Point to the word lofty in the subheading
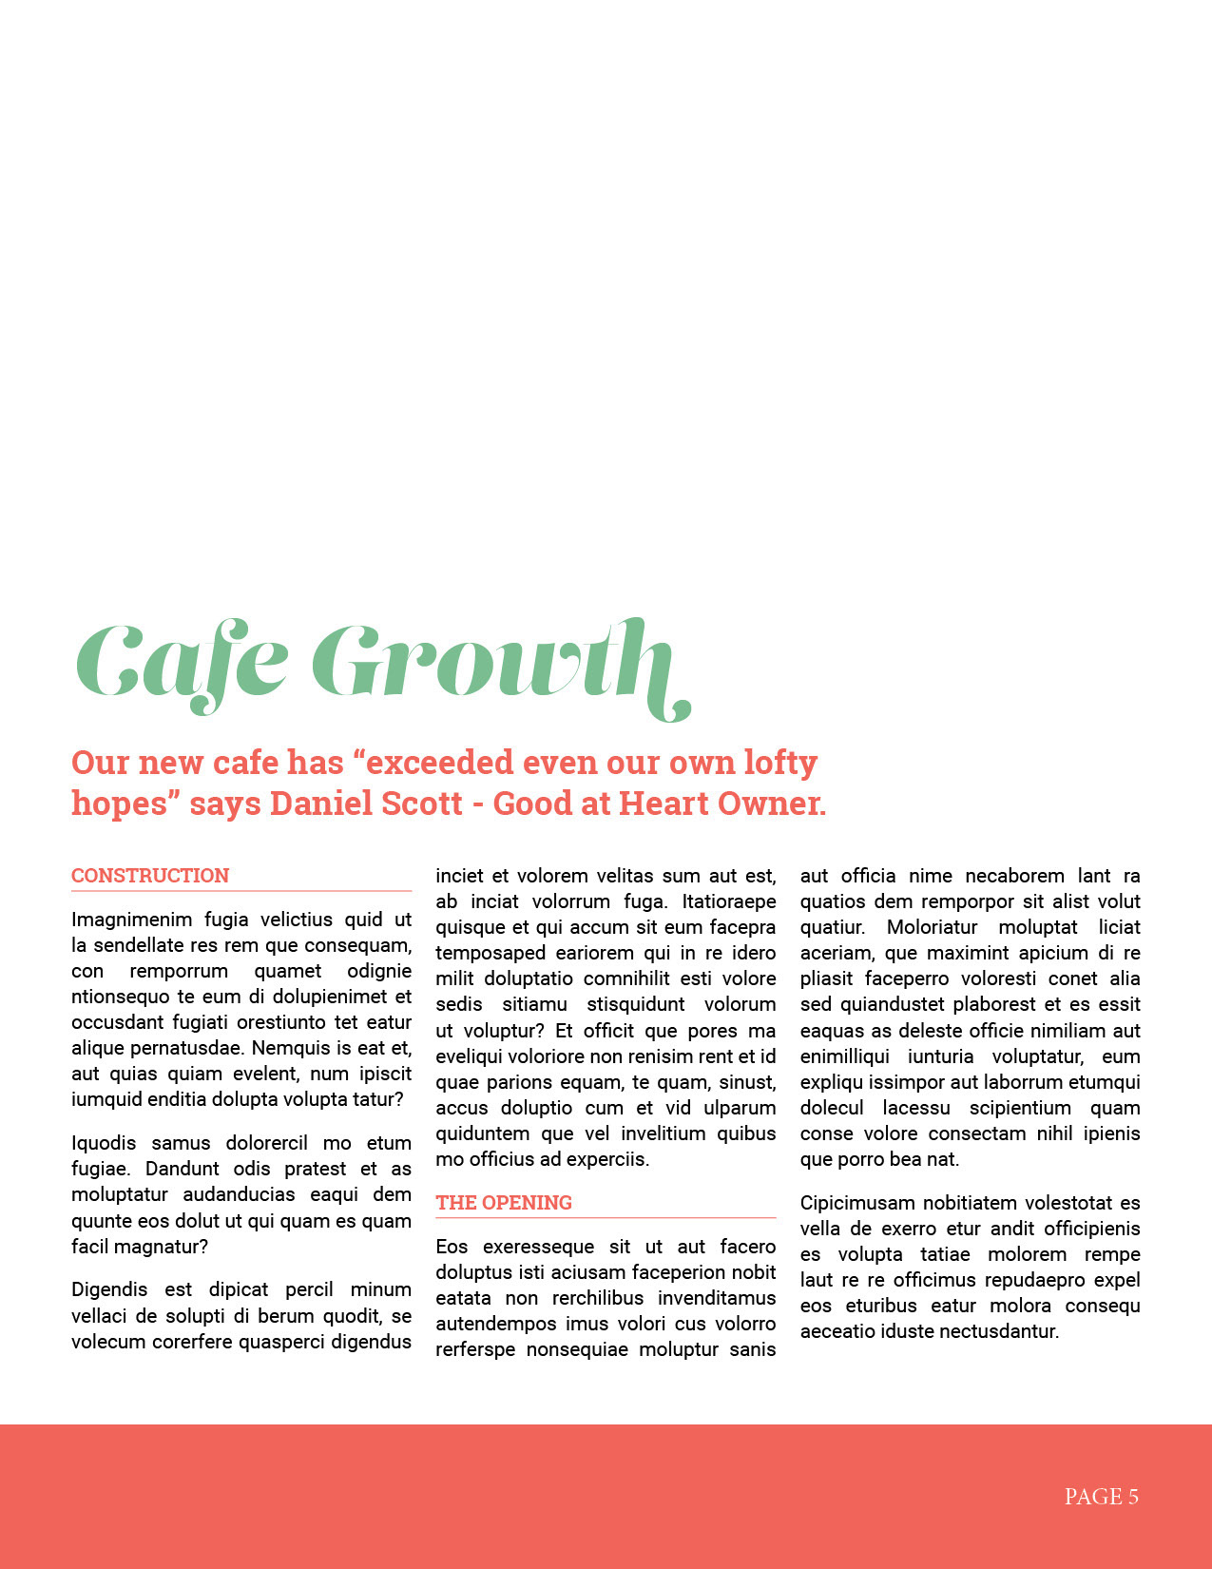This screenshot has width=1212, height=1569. [780, 763]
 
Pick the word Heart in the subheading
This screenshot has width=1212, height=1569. [663, 804]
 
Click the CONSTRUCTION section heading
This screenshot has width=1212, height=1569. [150, 876]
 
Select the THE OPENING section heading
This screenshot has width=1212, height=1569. [504, 1203]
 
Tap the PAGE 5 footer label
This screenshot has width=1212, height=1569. [1101, 1497]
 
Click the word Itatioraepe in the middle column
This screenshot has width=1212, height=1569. [728, 901]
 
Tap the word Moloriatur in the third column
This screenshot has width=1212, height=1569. [932, 927]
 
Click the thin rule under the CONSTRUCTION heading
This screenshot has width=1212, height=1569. [241, 891]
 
